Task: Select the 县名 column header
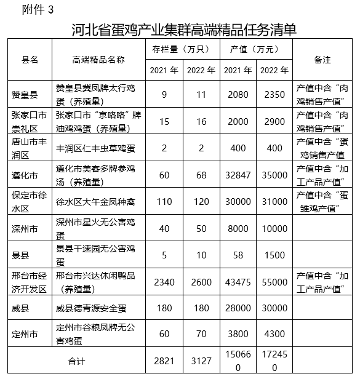coord(30,60)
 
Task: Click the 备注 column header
coord(322,60)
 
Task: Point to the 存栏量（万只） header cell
coord(182,49)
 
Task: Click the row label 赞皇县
coord(24,95)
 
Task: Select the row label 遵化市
coord(24,173)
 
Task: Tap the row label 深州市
coord(24,229)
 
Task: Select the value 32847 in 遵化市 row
coord(237,173)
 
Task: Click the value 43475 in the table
coord(237,281)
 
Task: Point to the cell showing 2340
coord(164,281)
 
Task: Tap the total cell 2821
coord(164,360)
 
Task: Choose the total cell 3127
coord(199,360)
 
